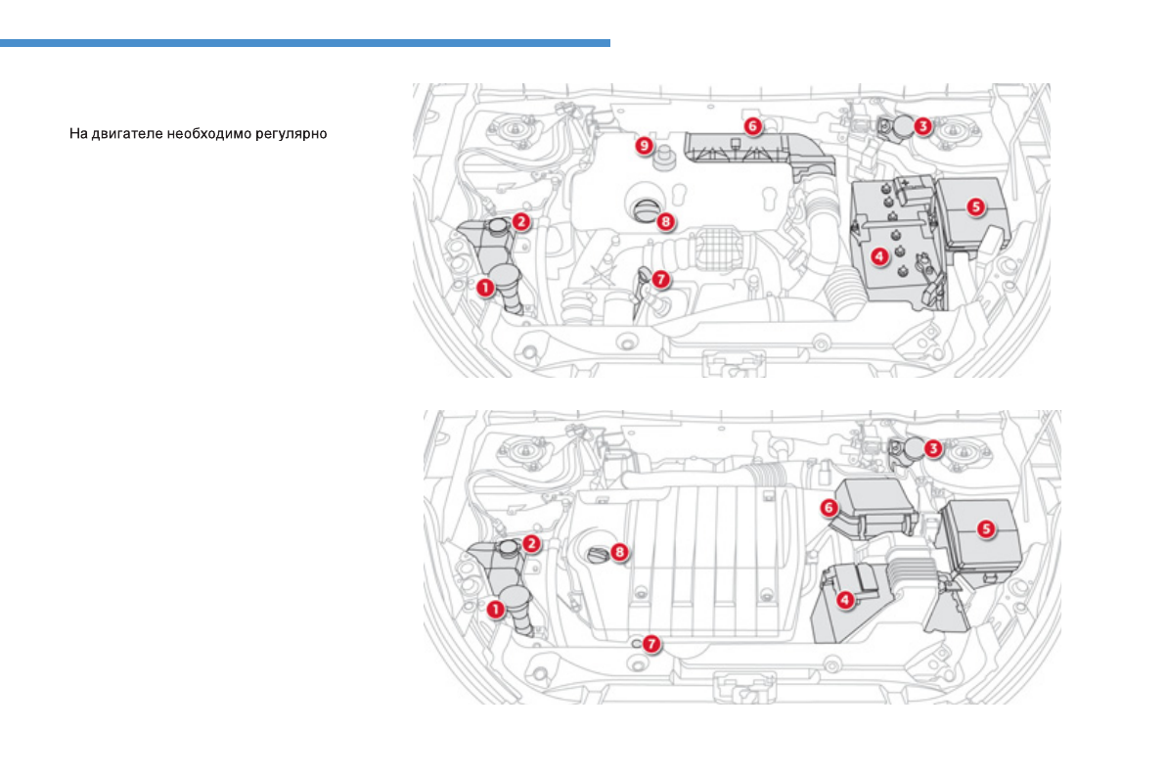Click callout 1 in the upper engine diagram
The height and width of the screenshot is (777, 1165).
tap(483, 288)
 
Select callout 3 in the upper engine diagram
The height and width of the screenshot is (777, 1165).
tap(923, 125)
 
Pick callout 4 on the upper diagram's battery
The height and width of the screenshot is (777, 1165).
tap(878, 256)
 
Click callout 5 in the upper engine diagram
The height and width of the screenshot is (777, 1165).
tap(974, 206)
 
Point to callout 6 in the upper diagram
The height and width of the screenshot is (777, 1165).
tap(751, 125)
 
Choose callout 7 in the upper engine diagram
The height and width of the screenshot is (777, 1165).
tap(660, 279)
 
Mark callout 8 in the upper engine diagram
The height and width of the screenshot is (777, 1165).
tap(665, 221)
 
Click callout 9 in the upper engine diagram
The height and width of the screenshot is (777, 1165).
tap(643, 145)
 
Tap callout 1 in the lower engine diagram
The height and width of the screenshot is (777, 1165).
tap(495, 609)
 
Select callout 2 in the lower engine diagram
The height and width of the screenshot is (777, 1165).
tap(531, 542)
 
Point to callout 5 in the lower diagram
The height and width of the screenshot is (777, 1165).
tap(986, 527)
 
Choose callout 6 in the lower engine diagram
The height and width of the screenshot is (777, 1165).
tap(829, 507)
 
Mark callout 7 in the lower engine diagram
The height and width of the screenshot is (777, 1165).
tap(651, 644)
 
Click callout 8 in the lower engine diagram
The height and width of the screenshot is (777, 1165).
tap(619, 552)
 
